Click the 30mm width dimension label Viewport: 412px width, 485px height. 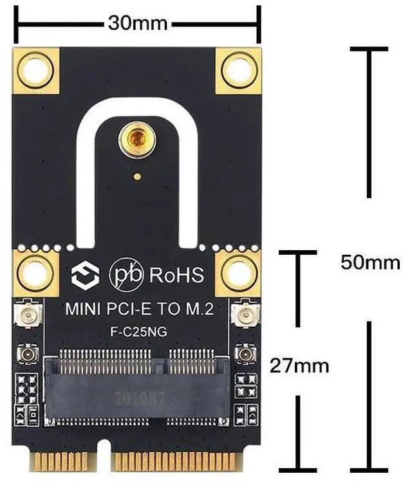[138, 24]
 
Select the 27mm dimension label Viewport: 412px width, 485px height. [299, 366]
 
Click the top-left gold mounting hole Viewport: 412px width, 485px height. [35, 70]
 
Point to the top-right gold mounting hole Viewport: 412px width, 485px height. [238, 70]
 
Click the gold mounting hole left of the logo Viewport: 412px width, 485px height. [35, 274]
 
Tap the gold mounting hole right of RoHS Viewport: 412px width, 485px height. [238, 274]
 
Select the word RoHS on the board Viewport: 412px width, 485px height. [176, 275]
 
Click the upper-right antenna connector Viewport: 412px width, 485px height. [245, 316]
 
